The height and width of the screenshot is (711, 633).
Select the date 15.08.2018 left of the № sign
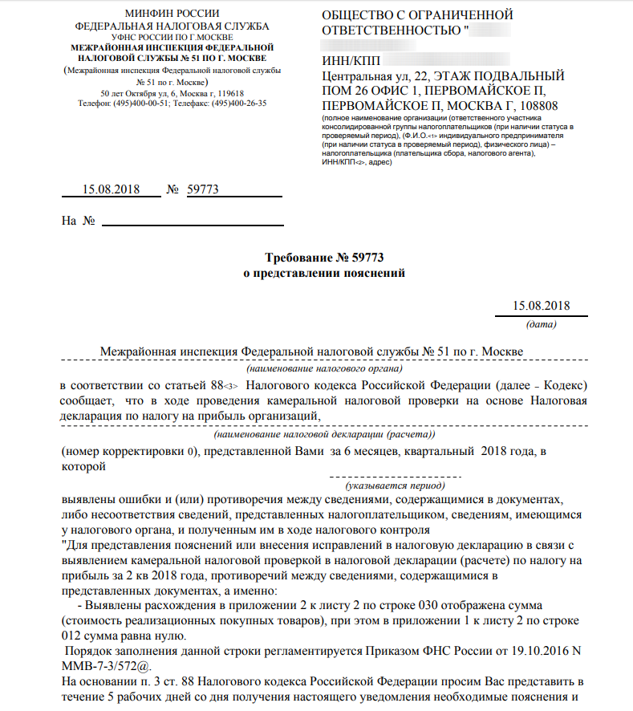click(x=111, y=190)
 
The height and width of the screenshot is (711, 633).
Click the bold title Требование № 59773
click(x=325, y=258)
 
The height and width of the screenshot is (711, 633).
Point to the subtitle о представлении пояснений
click(x=325, y=273)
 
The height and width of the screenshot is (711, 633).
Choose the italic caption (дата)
click(x=542, y=325)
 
